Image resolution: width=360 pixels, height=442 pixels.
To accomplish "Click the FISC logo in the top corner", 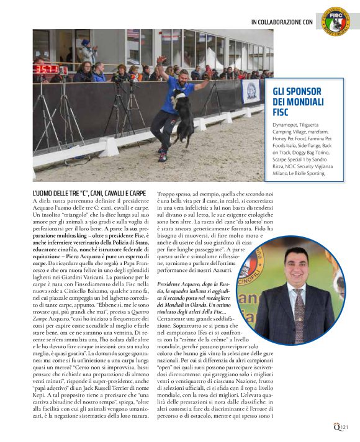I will (x=336, y=20).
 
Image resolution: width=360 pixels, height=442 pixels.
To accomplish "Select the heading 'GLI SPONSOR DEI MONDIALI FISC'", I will (x=299, y=102).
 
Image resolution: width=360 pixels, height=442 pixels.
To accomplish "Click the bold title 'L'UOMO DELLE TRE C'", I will (x=90, y=194).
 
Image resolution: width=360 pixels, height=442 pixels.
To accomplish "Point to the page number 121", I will (x=345, y=426).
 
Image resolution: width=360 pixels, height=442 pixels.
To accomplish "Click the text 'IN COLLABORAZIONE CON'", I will (x=282, y=22).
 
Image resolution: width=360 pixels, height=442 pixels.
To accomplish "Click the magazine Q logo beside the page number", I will (x=335, y=426).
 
